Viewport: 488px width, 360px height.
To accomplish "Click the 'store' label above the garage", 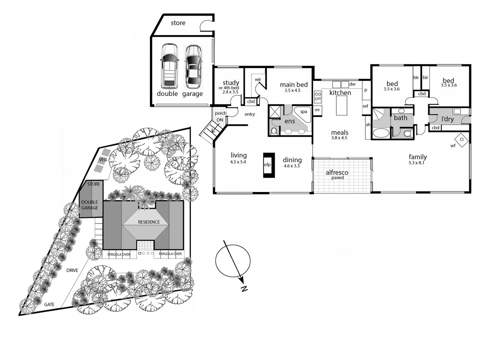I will click(178, 23).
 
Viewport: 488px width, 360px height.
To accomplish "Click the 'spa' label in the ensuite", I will click(303, 112).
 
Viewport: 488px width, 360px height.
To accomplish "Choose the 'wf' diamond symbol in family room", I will click(461, 140).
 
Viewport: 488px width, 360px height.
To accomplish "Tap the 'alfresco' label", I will click(337, 173).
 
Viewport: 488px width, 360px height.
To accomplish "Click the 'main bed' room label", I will click(294, 85).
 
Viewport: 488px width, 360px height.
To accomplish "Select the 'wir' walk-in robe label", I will click(258, 80).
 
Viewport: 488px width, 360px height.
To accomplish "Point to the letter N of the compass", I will click(244, 289).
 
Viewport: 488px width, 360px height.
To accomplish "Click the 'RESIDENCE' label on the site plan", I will click(149, 222).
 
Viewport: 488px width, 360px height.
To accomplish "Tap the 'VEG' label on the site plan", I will click(103, 160).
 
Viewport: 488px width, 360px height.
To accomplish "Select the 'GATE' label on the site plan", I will click(49, 305).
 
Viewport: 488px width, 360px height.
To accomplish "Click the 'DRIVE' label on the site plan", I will click(72, 270).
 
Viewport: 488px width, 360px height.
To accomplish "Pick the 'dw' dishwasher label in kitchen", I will click(352, 84).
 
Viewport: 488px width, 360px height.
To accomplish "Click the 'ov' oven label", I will click(317, 110).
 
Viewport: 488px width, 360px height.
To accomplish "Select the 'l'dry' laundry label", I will click(447, 119).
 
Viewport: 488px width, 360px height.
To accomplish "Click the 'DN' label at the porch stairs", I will click(220, 120).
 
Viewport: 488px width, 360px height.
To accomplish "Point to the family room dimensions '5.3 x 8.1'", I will click(417, 163).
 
